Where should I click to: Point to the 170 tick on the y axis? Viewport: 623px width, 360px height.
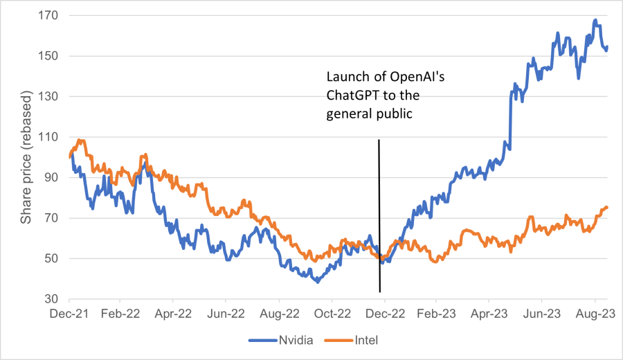tap(54, 15)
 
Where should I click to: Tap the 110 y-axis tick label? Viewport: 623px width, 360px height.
tap(54, 137)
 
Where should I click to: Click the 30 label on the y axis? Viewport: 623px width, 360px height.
tap(57, 300)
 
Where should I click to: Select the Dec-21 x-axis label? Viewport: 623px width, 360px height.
tap(69, 313)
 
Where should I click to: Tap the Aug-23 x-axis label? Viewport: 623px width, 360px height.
tap(593, 313)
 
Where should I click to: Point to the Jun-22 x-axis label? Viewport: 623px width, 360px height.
tap(226, 313)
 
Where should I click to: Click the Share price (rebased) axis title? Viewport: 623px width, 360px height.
tap(26, 158)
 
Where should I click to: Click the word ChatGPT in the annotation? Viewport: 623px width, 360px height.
tap(353, 94)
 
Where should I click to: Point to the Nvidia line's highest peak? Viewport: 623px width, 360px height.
tap(595, 21)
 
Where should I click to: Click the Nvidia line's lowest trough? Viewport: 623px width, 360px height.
tap(318, 282)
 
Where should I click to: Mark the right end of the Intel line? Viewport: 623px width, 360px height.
tap(607, 207)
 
